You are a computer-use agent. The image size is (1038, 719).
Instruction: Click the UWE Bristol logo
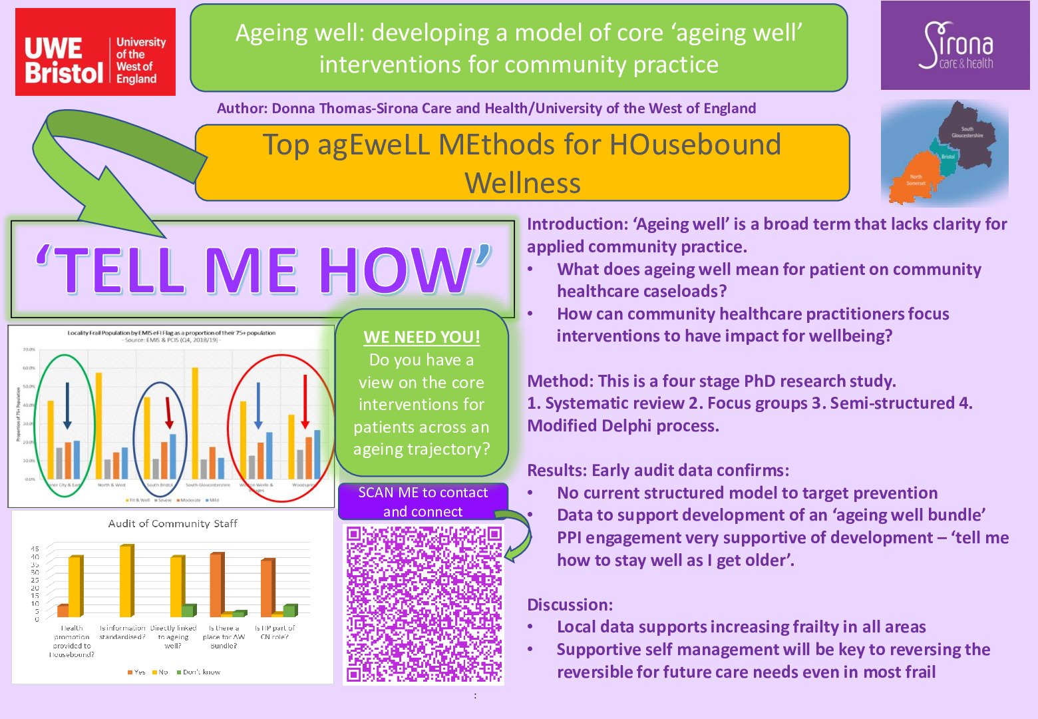[x=95, y=52]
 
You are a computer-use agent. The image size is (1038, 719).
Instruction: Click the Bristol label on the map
[x=948, y=156]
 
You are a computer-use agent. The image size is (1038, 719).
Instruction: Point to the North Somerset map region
[x=915, y=180]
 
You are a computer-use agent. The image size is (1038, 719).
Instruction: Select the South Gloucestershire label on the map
[x=967, y=132]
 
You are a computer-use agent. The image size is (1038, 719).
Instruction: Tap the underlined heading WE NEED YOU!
[x=421, y=337]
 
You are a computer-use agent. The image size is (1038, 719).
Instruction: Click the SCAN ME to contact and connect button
[x=423, y=502]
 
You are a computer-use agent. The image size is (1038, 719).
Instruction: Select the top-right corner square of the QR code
[x=493, y=535]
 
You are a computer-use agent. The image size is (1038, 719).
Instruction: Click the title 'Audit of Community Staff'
[x=172, y=524]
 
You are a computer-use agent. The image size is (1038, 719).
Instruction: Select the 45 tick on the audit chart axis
[x=34, y=549]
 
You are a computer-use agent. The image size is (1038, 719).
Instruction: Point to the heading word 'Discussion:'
[x=570, y=604]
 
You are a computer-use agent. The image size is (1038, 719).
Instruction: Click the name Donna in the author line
[x=293, y=109]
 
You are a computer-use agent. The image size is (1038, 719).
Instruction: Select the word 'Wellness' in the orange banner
[x=522, y=183]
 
